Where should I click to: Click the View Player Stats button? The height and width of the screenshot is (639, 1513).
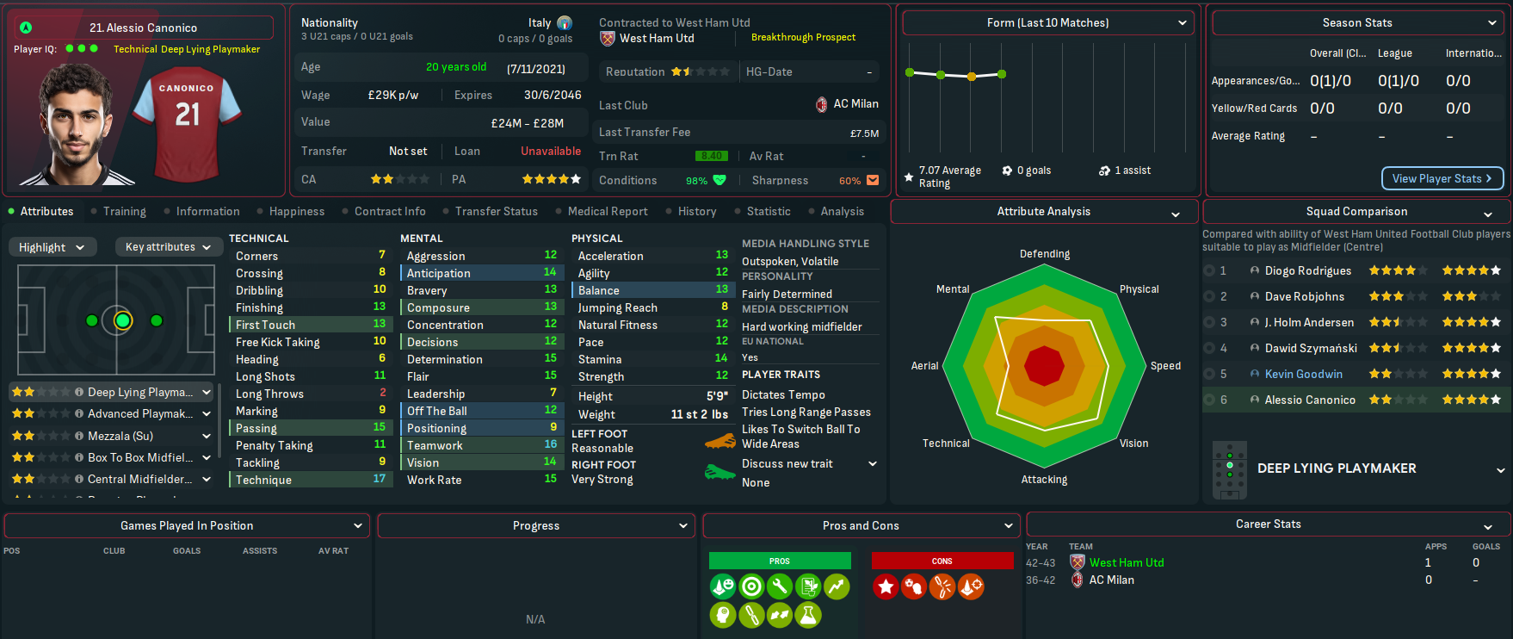(1442, 178)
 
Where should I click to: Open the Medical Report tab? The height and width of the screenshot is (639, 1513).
(607, 211)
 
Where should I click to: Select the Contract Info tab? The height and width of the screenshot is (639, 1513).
(389, 211)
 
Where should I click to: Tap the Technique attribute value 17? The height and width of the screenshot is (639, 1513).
(379, 479)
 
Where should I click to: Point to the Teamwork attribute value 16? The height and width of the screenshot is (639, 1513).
(550, 444)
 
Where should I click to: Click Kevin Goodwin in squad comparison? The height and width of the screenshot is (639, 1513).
(1303, 374)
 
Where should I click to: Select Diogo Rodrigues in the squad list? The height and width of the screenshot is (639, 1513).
(1307, 270)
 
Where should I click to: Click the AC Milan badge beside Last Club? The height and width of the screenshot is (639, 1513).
(822, 104)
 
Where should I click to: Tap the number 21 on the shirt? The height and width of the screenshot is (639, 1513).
(188, 115)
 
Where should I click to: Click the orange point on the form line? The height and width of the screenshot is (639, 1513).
(972, 77)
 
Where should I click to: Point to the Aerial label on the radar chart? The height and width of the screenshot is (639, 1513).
(924, 366)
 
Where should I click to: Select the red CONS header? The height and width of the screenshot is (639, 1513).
(942, 561)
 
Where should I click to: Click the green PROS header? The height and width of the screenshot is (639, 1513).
(779, 561)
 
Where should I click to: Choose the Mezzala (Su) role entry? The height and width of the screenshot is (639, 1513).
(120, 436)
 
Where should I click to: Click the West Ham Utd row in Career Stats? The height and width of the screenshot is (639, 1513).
(1126, 562)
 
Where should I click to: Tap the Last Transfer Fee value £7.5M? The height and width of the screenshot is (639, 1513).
(864, 133)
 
